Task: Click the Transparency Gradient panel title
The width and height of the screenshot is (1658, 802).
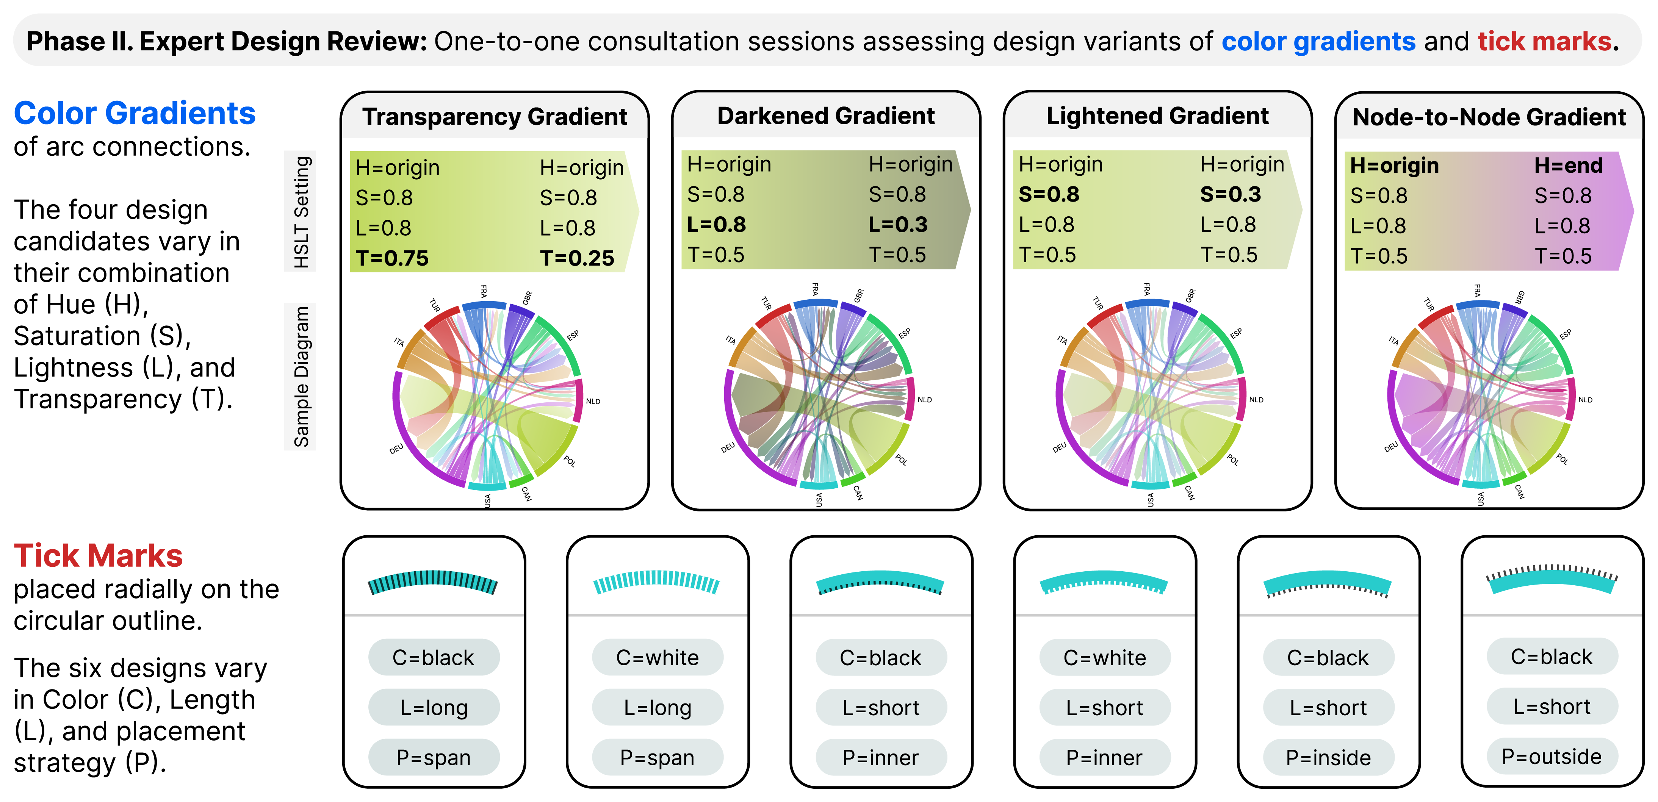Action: pos(494,117)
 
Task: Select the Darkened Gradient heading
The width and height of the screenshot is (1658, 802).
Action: pos(826,116)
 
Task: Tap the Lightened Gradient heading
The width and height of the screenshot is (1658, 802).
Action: pos(1157,116)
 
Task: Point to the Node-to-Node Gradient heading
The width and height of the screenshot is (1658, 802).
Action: pos(1489,117)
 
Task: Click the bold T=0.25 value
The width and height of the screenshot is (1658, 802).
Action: pos(577,258)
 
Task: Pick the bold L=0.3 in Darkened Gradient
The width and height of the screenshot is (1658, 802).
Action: pos(898,225)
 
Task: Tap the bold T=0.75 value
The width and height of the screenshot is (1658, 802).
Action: pos(392,258)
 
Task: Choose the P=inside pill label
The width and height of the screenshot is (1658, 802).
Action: pos(1328,758)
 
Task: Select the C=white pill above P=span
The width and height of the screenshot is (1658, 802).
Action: pos(657,657)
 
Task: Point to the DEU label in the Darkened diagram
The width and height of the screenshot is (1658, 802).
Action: pos(728,447)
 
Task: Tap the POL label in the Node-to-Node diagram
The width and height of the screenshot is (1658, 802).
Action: pos(1562,459)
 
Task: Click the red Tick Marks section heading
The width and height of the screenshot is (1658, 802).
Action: pos(99,555)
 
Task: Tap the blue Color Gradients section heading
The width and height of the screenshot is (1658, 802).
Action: pos(135,113)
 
